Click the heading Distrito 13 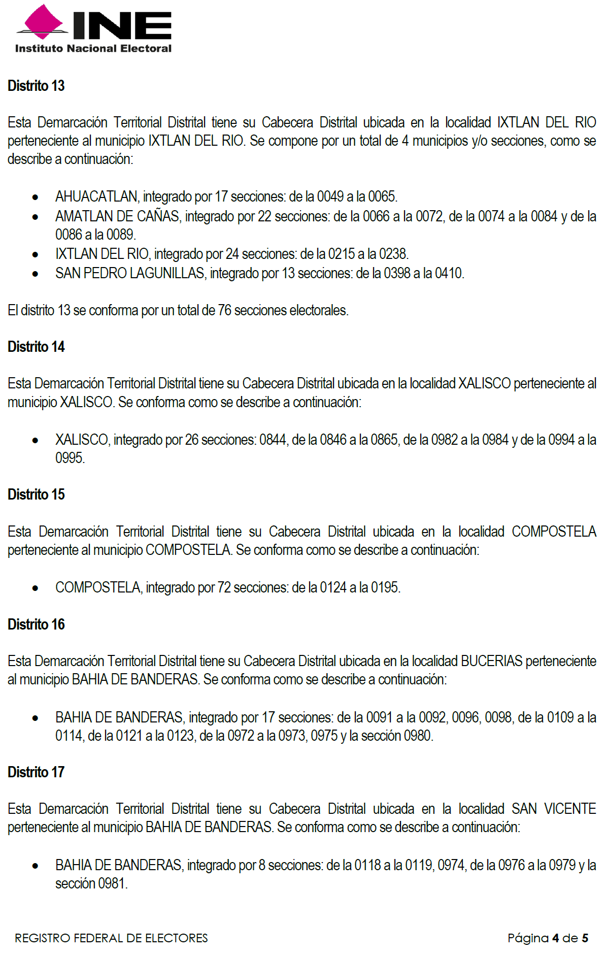[36, 86]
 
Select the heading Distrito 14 [36, 347]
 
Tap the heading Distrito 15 [36, 494]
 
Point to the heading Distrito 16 [36, 624]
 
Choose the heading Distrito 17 [36, 772]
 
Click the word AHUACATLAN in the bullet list [96, 196]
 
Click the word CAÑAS [158, 216]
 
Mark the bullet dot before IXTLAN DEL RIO [35, 255]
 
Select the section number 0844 [273, 440]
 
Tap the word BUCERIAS [491, 661]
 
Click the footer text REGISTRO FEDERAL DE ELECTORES [111, 938]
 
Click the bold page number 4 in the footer [555, 938]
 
